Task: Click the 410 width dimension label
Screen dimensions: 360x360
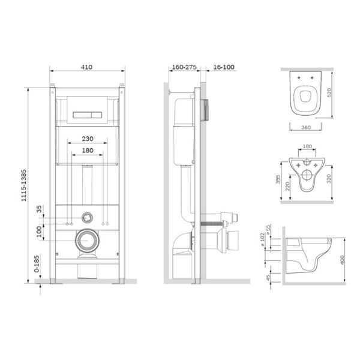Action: pos(87,67)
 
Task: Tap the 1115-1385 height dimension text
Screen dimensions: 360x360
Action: pos(24,185)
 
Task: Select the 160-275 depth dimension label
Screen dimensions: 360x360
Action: pos(184,67)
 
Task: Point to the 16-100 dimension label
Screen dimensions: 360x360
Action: pos(224,67)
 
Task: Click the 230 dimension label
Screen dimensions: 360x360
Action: pos(88,139)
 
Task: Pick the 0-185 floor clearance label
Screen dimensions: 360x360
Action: pos(37,264)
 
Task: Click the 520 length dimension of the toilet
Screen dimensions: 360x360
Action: pos(329,92)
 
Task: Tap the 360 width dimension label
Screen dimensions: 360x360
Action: pos(306,127)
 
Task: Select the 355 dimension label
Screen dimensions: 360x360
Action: pos(278,179)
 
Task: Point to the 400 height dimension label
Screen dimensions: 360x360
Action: pos(342,260)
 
